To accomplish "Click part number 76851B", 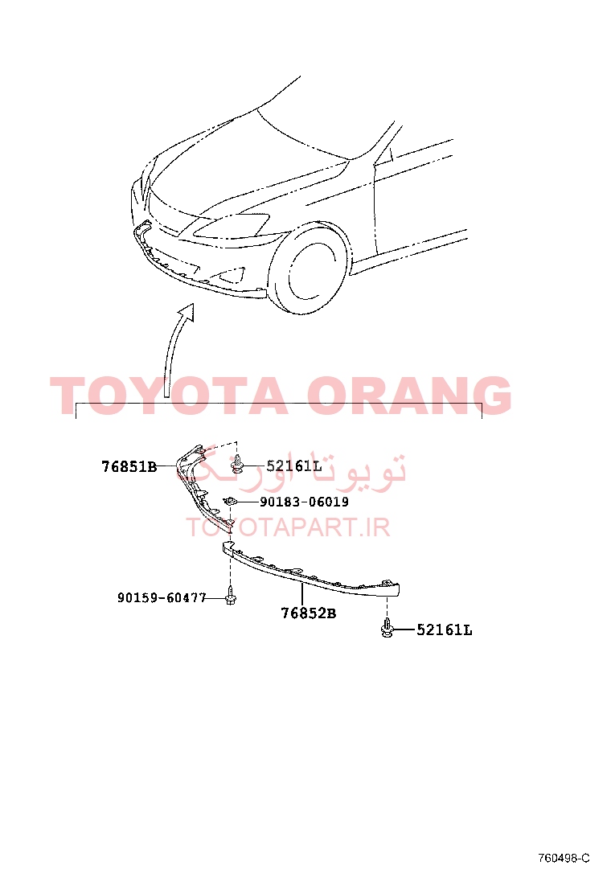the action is [129, 466].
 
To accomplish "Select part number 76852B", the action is [309, 613].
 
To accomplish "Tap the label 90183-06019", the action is [305, 502].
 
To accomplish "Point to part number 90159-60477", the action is [162, 597].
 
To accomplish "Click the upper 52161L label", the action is [294, 466].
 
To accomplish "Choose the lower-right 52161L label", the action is [445, 630].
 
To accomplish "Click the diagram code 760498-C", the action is [564, 858].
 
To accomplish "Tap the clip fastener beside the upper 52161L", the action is [238, 465].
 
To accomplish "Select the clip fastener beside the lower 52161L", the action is [387, 628].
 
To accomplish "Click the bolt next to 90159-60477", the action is [230, 595].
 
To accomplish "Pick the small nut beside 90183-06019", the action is [230, 501].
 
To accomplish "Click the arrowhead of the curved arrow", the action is [187, 312].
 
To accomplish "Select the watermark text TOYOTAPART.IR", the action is [288, 527].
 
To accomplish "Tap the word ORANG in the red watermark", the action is [409, 395].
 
